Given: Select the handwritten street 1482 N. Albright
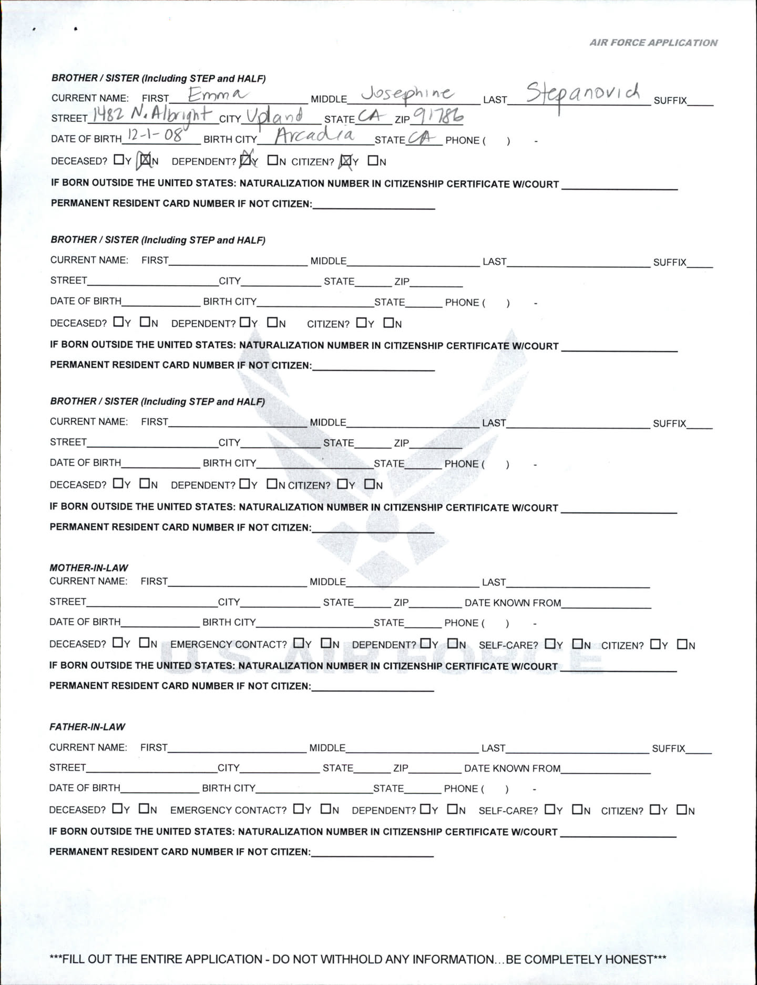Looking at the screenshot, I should click(152, 115).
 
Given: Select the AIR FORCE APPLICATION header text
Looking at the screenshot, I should click(653, 43).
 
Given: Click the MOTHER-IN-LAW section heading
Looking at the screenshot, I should click(88, 567).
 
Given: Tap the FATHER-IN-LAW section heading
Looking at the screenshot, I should click(87, 727).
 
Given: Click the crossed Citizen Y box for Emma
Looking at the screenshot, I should click(346, 161).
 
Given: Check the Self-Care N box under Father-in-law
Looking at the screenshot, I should click(577, 810).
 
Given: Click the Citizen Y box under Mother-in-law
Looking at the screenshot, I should click(656, 644).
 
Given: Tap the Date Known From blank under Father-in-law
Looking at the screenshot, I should click(606, 770).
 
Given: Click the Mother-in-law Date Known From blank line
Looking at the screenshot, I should click(606, 604).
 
